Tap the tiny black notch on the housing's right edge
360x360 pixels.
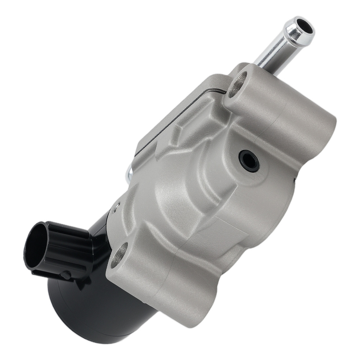click(295, 178)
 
